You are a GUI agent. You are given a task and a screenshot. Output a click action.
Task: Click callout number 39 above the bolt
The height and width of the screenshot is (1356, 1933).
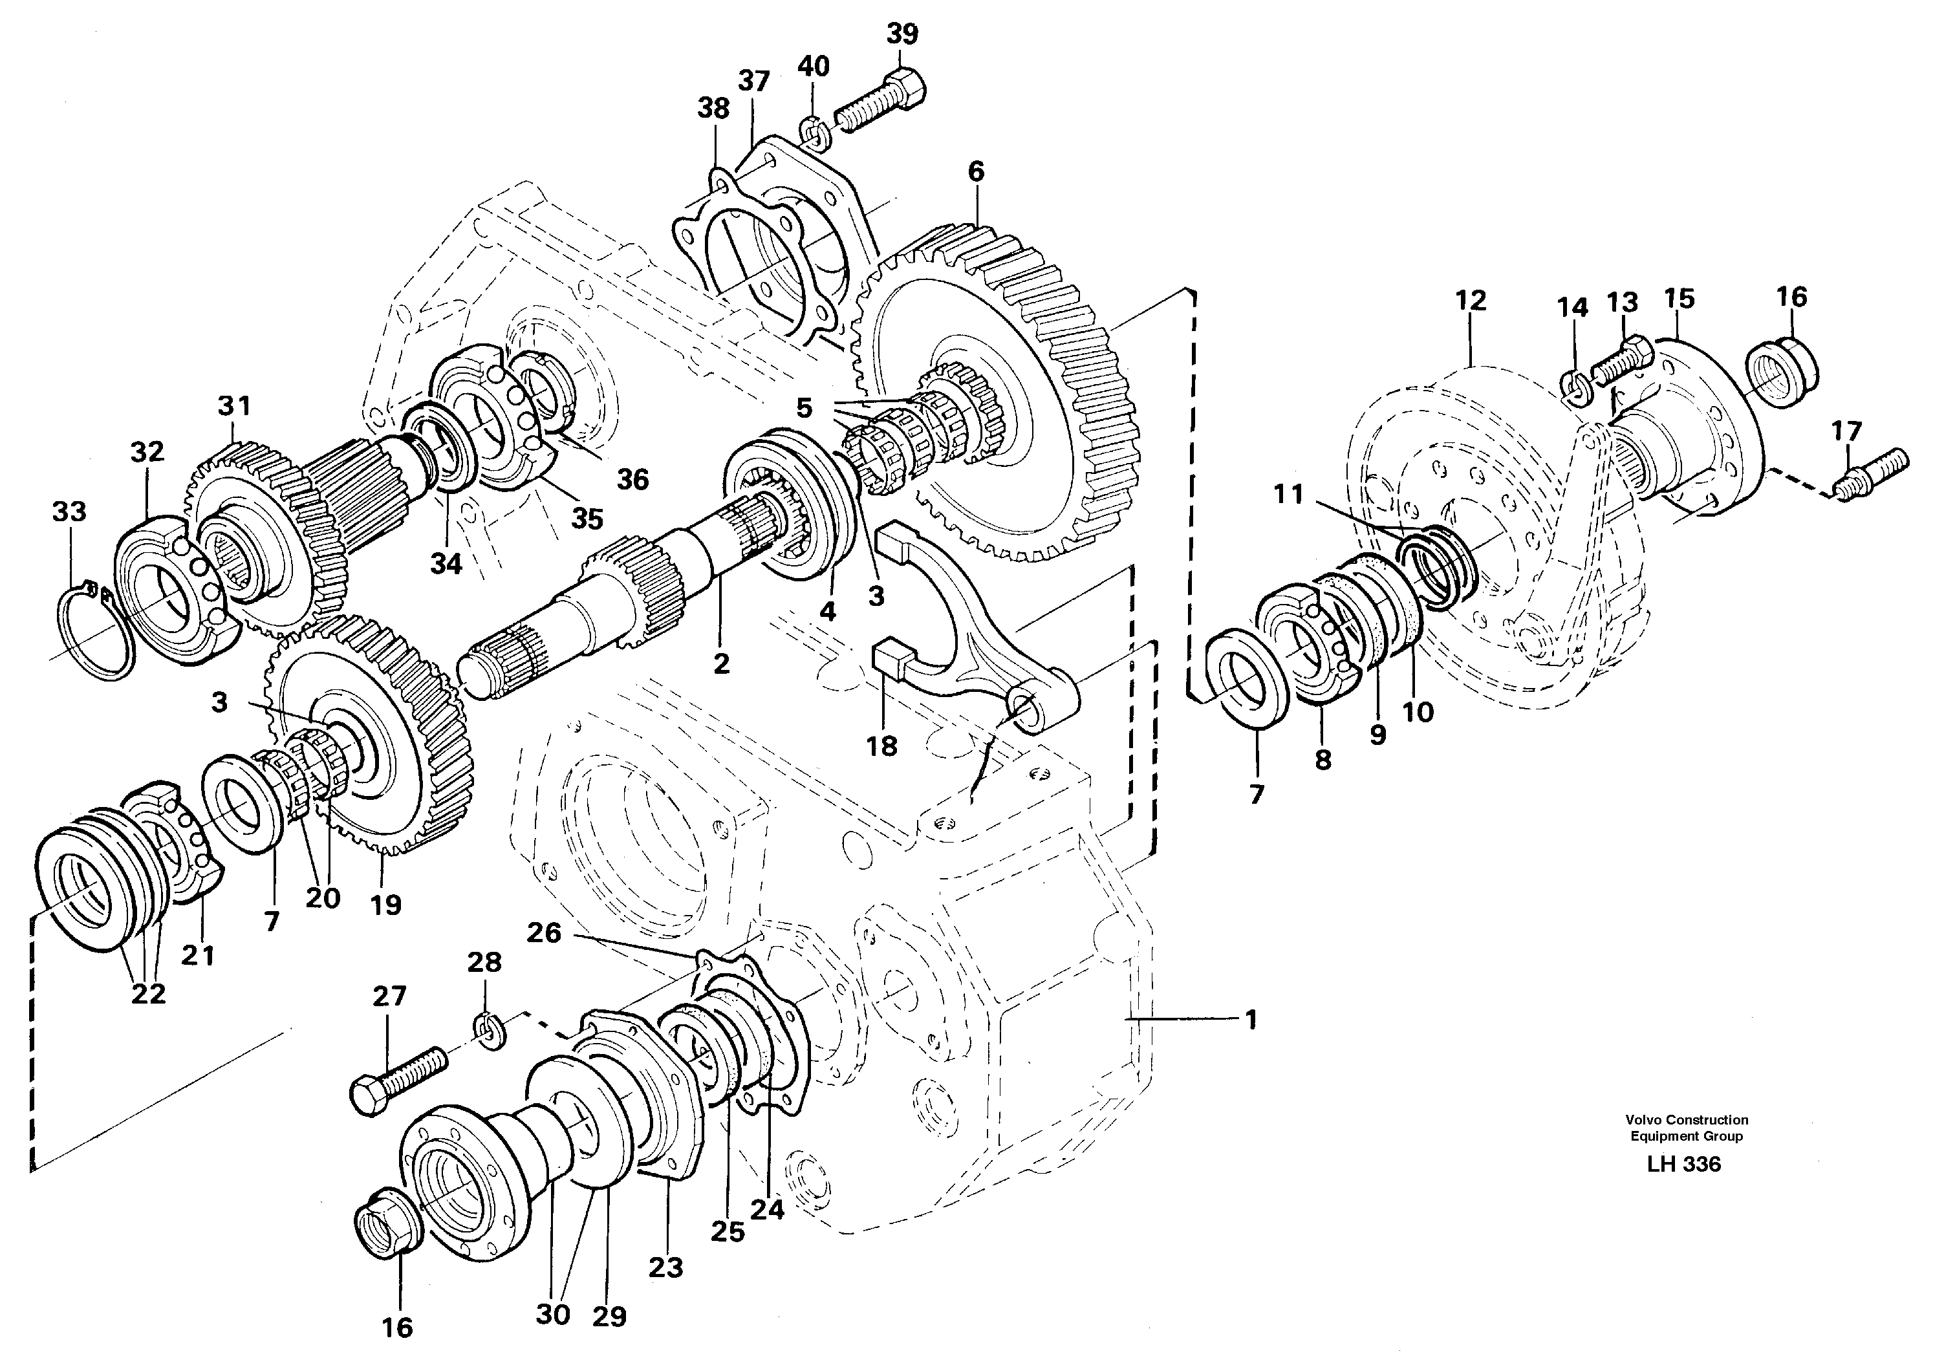tap(902, 34)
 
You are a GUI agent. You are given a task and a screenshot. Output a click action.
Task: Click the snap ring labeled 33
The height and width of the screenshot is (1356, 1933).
tap(98, 632)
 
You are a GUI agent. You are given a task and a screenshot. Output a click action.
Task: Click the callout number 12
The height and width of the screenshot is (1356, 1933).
tap(1471, 301)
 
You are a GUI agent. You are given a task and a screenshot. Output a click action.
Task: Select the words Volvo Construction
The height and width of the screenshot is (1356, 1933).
tap(1687, 1119)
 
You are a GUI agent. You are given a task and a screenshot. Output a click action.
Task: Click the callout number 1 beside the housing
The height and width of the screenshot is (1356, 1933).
tap(1251, 1020)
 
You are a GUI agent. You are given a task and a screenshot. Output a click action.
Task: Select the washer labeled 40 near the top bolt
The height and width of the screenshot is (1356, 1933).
tap(812, 132)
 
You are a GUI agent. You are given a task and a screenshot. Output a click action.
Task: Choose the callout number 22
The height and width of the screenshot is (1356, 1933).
tap(148, 994)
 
